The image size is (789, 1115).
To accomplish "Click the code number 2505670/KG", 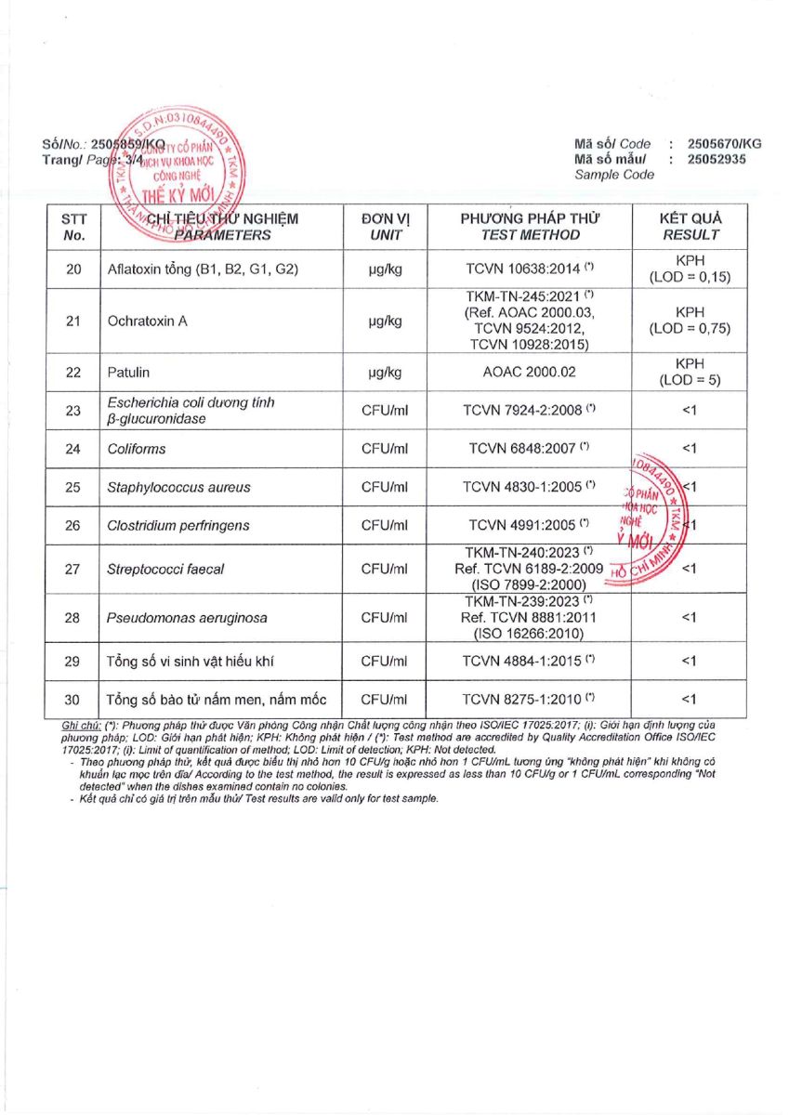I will [724, 144].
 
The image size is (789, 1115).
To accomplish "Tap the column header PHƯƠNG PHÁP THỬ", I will [531, 227].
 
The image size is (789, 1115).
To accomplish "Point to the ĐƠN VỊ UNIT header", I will [385, 227].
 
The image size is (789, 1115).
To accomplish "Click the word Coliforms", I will [136, 449].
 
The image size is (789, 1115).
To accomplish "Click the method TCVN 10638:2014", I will [525, 269].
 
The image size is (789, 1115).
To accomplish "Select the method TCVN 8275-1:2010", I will [525, 700].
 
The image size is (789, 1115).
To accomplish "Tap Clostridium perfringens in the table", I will [178, 526].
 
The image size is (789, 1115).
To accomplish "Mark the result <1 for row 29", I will [690, 662].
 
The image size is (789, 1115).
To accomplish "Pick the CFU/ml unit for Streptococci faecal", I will [385, 569].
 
